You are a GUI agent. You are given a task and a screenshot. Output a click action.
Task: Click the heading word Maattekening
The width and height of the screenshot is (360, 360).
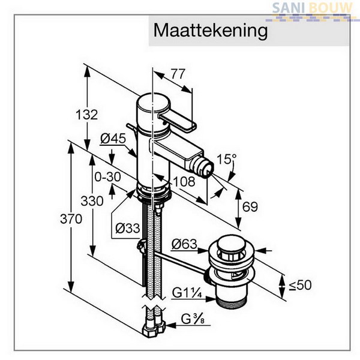click(x=211, y=31)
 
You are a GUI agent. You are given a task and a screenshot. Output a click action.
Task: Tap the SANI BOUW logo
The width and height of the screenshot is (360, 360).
click(x=312, y=11)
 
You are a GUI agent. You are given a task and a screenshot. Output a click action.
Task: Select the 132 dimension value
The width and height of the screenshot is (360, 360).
click(x=87, y=115)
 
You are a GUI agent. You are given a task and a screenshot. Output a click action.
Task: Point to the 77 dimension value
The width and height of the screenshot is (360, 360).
click(x=178, y=74)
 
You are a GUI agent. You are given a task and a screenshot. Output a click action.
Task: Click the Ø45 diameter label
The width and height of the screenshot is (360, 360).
click(x=113, y=139)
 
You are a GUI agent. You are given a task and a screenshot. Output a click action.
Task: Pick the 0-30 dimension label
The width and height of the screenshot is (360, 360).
click(x=107, y=177)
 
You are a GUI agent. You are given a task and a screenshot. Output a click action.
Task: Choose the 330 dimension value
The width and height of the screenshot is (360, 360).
click(x=92, y=202)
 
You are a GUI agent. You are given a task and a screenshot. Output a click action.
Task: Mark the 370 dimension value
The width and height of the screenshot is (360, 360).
click(x=71, y=219)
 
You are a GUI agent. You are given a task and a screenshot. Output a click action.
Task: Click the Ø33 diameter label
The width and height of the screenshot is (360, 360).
click(x=128, y=228)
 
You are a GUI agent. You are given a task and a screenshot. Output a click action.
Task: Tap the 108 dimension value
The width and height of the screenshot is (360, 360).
click(x=184, y=181)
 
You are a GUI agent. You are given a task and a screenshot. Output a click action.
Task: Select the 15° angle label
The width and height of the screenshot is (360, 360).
click(x=226, y=159)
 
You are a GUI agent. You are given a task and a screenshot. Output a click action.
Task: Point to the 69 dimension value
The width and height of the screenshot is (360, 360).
click(x=250, y=206)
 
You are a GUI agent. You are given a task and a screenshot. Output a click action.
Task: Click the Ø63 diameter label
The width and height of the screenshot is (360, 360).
click(x=184, y=244)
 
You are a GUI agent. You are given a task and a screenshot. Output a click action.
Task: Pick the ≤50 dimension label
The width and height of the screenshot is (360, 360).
click(x=300, y=285)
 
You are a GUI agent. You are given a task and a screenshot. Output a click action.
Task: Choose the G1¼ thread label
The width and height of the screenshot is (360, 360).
click(x=187, y=293)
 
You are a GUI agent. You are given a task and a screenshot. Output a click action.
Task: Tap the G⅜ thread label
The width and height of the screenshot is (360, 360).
click(x=193, y=319)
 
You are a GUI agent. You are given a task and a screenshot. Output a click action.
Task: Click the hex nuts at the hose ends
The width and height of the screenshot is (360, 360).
click(x=154, y=328)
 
